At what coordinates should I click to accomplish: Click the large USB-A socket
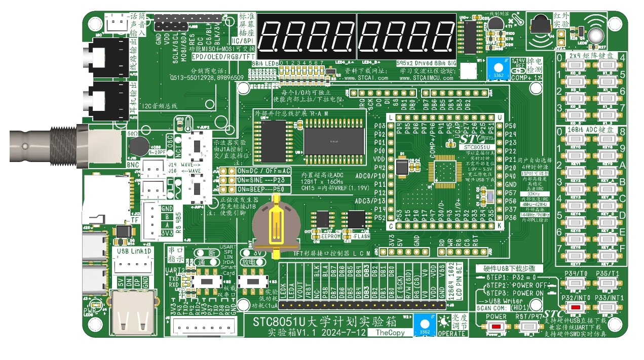pos(127,316)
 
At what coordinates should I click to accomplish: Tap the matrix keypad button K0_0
pos(576,66)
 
